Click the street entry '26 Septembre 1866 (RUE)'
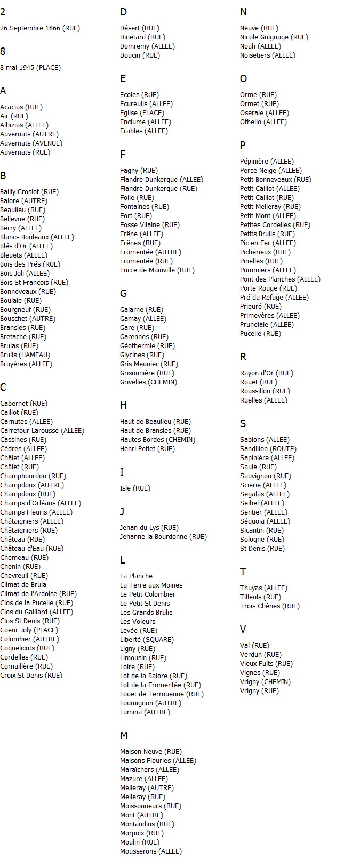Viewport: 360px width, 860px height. click(x=40, y=28)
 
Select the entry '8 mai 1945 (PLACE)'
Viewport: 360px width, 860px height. click(x=30, y=68)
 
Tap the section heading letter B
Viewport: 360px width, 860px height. click(x=3, y=175)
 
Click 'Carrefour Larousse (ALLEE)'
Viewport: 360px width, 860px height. click(x=42, y=431)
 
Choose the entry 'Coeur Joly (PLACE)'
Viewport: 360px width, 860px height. click(x=29, y=630)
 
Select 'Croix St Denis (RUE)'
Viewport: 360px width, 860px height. click(x=31, y=676)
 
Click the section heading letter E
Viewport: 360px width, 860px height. click(x=123, y=79)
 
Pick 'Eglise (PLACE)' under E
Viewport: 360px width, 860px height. click(x=142, y=113)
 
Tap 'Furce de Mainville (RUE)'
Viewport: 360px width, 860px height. click(x=157, y=270)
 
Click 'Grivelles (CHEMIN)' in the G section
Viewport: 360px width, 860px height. click(x=148, y=382)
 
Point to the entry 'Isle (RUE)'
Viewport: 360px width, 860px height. click(x=135, y=488)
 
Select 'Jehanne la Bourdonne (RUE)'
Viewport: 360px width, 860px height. click(x=163, y=537)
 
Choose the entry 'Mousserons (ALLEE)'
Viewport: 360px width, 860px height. click(x=151, y=851)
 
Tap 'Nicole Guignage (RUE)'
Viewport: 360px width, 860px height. click(x=274, y=37)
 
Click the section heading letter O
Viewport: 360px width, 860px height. click(x=244, y=79)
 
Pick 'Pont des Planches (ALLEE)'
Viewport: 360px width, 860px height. click(x=280, y=279)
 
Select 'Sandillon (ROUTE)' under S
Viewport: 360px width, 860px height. click(x=268, y=449)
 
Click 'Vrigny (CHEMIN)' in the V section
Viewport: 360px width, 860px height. click(x=265, y=682)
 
